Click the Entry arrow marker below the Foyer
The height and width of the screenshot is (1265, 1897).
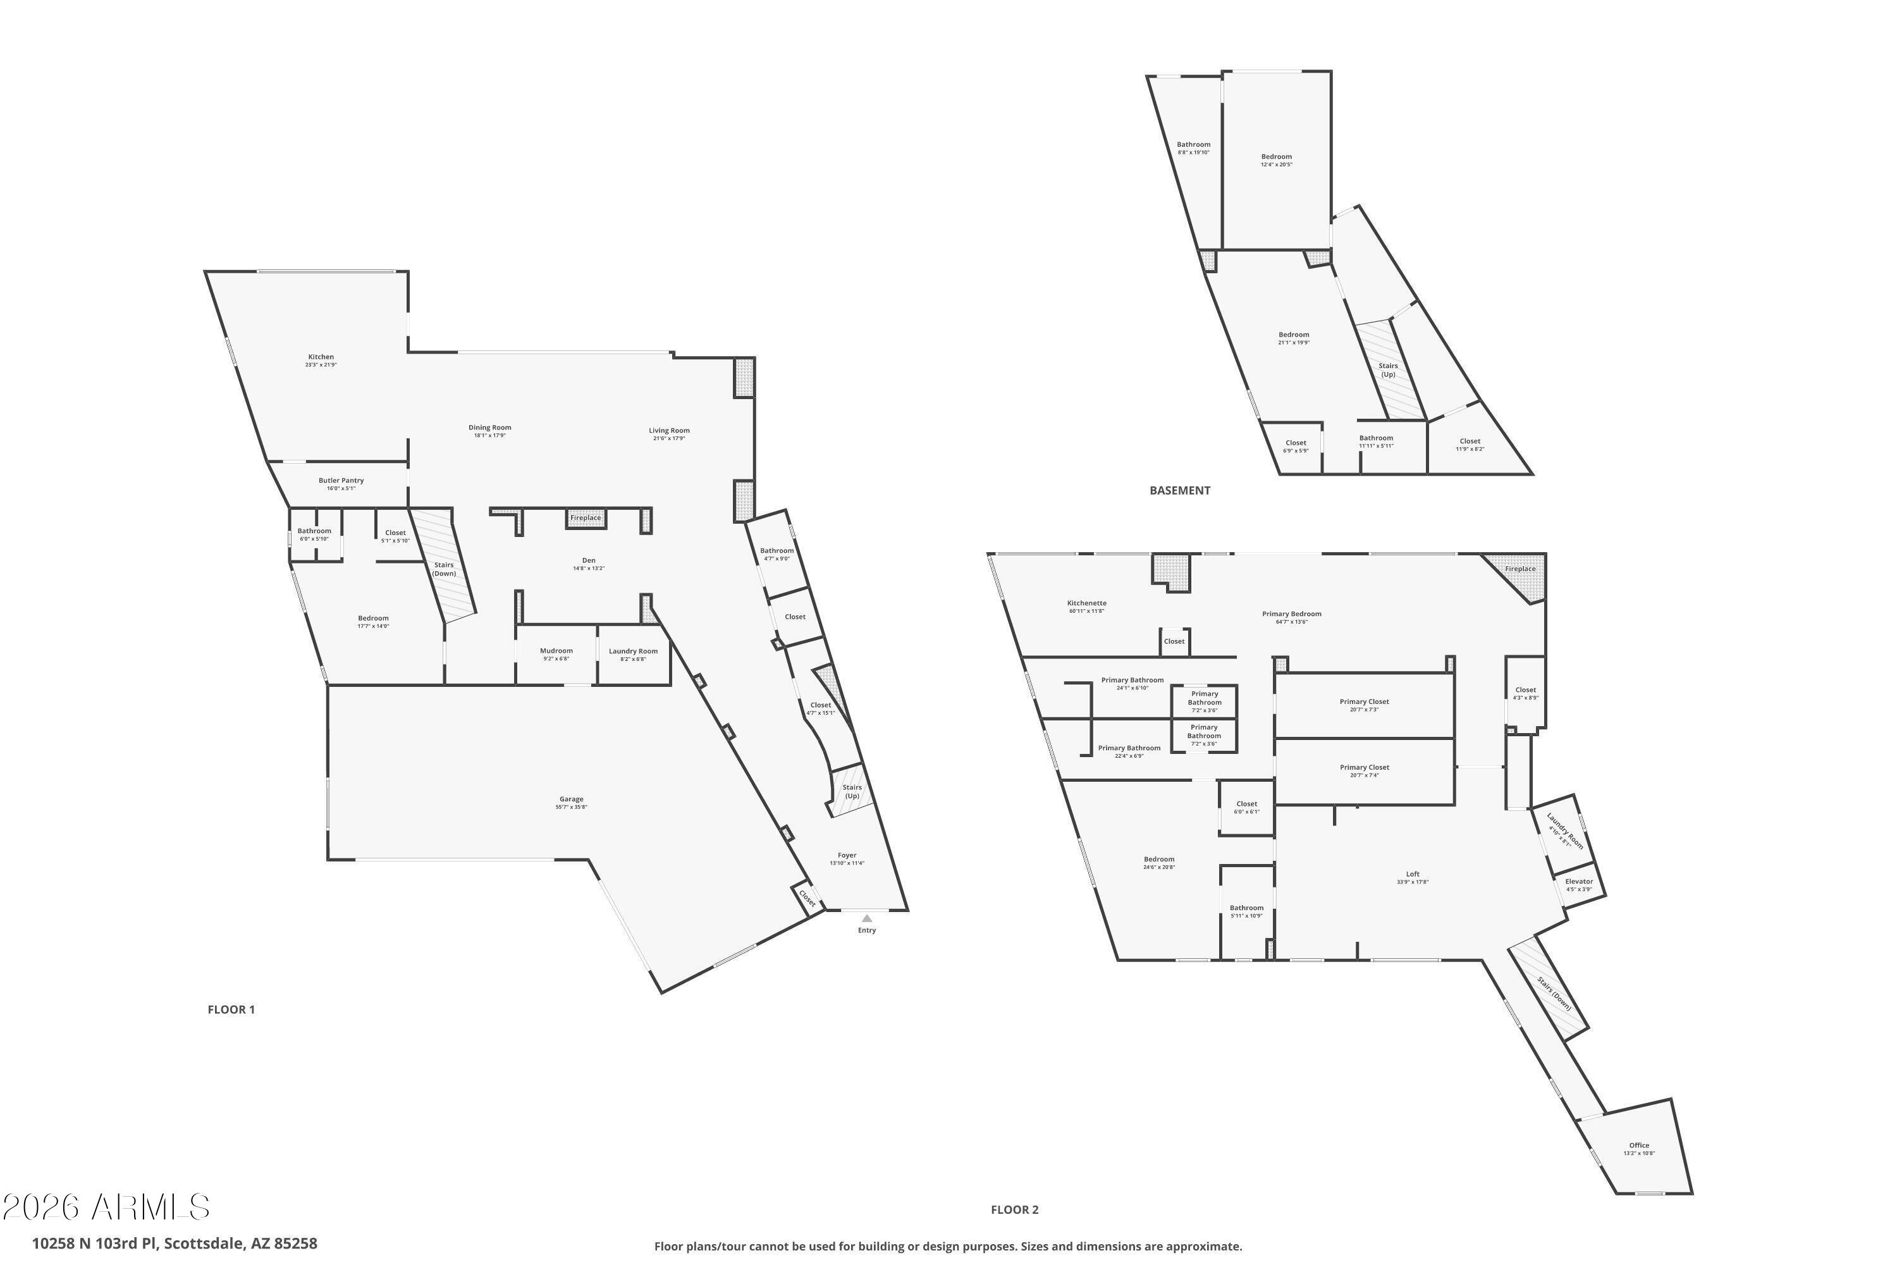click(x=866, y=918)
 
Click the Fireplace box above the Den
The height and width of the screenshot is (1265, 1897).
click(x=586, y=518)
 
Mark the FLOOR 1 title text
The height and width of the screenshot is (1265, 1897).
click(x=231, y=1009)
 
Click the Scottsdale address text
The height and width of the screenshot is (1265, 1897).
click(x=175, y=1243)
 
